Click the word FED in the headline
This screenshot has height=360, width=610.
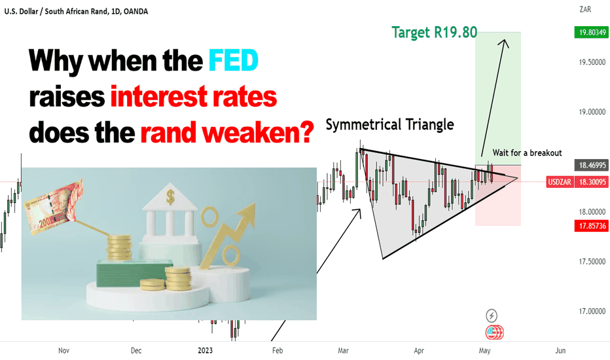(234, 60)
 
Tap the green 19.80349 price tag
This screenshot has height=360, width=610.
(592, 32)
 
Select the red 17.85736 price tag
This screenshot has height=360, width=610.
(592, 226)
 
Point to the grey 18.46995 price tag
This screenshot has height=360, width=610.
(592, 165)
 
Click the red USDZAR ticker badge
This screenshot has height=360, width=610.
(560, 182)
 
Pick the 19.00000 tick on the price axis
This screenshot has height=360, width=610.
(592, 112)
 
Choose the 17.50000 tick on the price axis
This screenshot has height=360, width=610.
(592, 262)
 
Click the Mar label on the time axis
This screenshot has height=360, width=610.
(343, 351)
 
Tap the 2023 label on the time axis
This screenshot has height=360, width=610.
(205, 351)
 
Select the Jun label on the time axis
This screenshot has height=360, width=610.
(560, 351)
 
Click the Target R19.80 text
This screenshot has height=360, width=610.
(434, 32)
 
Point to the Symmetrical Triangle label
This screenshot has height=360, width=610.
(390, 124)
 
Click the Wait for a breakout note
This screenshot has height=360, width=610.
(527, 153)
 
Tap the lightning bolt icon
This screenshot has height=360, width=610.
(492, 315)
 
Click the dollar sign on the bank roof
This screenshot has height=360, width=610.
(170, 197)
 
